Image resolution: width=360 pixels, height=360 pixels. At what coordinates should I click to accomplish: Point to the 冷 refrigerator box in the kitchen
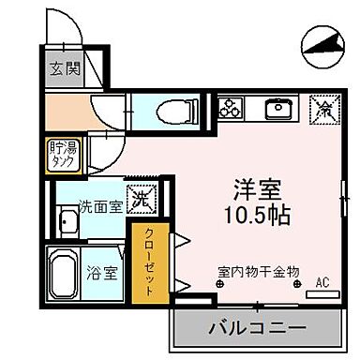coord(323,110)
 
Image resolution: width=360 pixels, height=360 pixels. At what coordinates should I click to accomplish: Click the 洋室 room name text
coord(250,187)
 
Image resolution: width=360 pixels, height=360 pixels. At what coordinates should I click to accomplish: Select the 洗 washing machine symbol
coord(141,200)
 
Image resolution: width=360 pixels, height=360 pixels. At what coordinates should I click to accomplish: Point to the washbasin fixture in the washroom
coord(68,225)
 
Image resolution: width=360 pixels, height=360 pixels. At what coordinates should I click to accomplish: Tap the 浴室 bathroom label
coord(103,275)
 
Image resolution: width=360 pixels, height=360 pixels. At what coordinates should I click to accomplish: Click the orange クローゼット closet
coord(148,262)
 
